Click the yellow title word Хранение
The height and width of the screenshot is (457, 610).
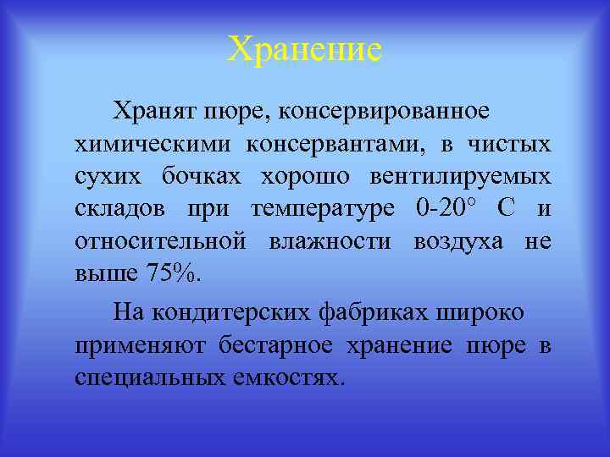click(305, 50)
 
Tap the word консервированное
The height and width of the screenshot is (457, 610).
click(386, 112)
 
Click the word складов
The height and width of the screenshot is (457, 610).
click(119, 209)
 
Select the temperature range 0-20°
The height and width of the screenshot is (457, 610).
click(448, 209)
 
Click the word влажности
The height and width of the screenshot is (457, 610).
click(330, 242)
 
